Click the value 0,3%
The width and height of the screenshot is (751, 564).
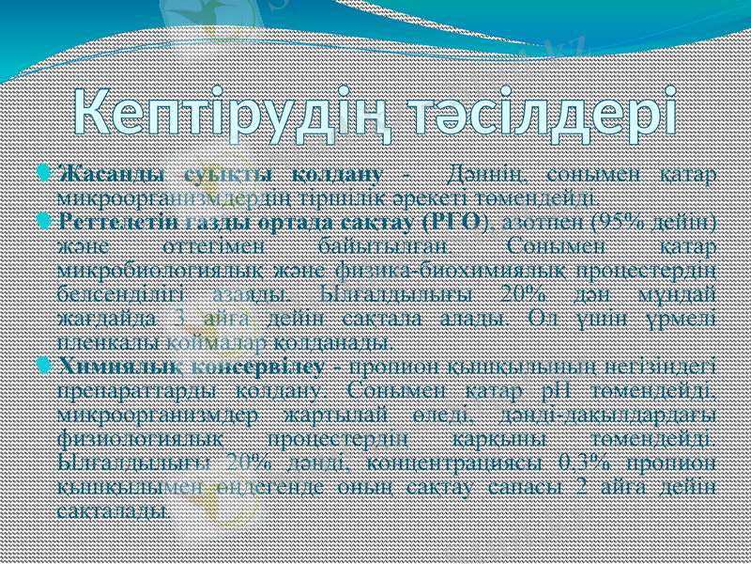click(603, 462)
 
